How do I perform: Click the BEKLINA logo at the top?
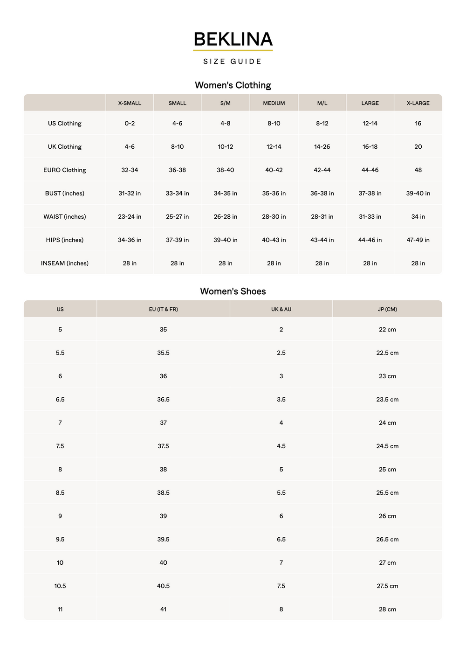coord(233,40)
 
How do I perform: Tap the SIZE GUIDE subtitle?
coord(233,62)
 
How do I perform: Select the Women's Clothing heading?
coord(233,85)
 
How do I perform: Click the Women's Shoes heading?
coord(233,291)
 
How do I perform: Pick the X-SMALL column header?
coord(130,103)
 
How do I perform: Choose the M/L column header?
coord(322,103)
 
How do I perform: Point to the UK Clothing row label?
coord(65,147)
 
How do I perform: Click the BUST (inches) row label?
coord(65,194)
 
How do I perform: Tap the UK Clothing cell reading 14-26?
coord(322,147)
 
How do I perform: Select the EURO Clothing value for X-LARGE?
coord(418,170)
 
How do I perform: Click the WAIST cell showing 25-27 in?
coord(178,217)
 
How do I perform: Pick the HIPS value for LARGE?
coord(370,240)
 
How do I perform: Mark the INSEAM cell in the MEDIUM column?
coord(274,263)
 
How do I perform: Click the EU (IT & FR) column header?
coord(164,309)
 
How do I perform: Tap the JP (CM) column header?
coord(387,309)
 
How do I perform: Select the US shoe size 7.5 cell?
coord(60,446)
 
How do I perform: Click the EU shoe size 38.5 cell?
coord(164,493)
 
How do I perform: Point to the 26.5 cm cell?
coord(387,540)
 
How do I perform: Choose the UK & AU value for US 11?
coord(281,609)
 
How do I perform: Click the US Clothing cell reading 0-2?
coord(130,124)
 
